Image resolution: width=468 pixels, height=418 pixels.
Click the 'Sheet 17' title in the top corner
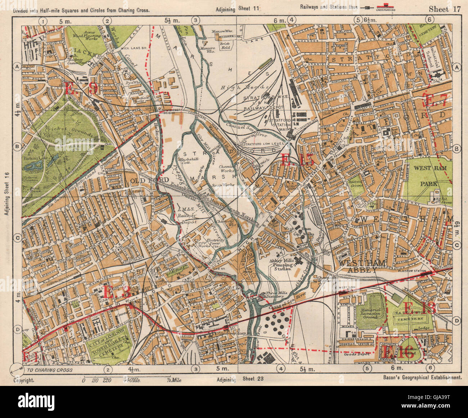click(x=445, y=9)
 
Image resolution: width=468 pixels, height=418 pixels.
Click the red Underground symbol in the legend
click(x=386, y=7)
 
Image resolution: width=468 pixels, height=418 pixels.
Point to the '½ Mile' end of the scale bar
click(x=174, y=380)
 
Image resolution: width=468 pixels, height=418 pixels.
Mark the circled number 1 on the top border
click(x=43, y=21)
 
